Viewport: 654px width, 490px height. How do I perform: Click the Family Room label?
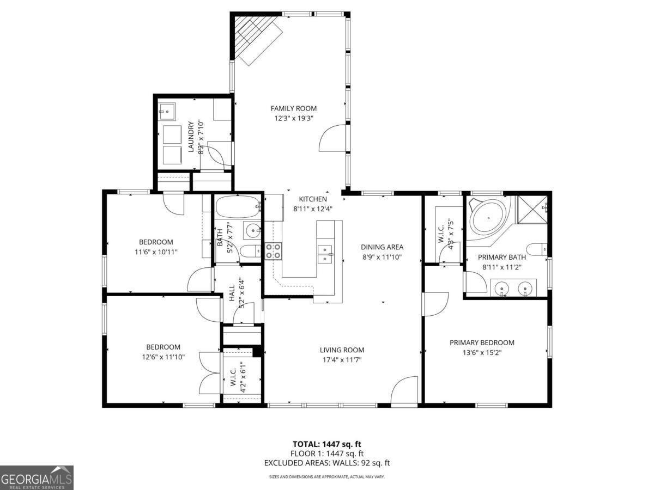point(293,108)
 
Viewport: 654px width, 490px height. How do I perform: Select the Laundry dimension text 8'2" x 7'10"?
point(201,137)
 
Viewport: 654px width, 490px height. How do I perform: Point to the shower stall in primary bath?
point(532,209)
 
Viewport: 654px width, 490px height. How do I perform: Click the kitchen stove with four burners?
point(274,252)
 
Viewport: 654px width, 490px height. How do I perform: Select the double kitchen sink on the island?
point(325,253)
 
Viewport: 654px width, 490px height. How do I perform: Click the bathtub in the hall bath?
point(238,207)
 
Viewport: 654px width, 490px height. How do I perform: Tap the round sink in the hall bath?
point(252,231)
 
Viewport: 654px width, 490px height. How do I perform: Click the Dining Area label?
point(383,247)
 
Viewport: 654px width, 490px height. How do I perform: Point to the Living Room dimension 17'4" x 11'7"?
point(342,359)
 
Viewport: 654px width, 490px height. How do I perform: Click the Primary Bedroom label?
point(482,342)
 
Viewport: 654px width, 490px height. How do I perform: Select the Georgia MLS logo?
point(37,477)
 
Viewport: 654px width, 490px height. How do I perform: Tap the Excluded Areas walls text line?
point(326,463)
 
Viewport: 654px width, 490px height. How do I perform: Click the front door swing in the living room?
point(404,390)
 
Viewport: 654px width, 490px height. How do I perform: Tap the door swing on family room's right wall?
point(332,137)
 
